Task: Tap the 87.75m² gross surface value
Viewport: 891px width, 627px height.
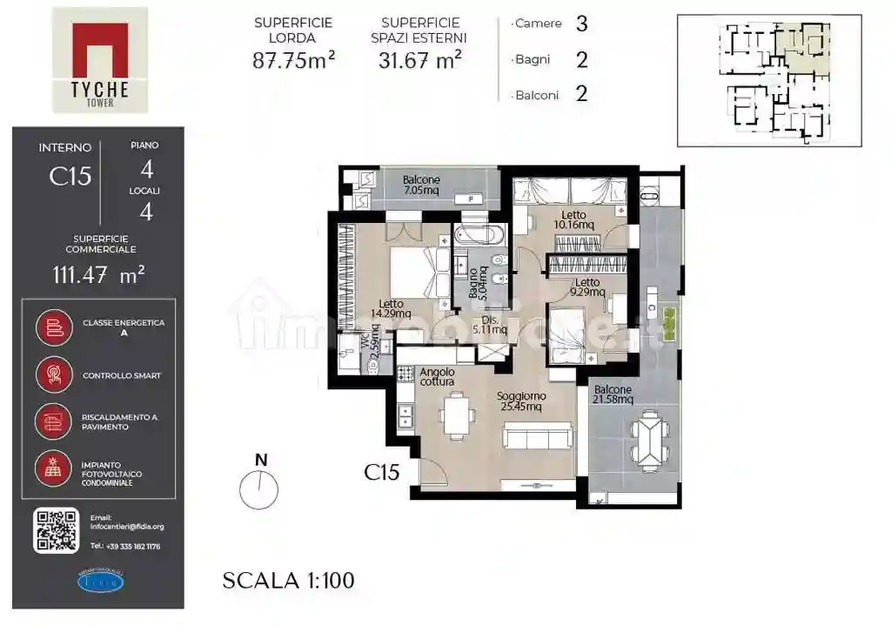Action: [x=294, y=60]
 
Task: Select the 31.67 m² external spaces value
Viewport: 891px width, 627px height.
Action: [x=420, y=60]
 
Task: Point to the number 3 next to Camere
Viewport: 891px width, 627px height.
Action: [x=581, y=24]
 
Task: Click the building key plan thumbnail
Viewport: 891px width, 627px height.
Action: [x=769, y=80]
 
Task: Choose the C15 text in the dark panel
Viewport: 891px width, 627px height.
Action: [x=70, y=176]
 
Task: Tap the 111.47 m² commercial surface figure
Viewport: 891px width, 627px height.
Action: [x=98, y=275]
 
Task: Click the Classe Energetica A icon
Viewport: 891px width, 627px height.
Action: [x=54, y=327]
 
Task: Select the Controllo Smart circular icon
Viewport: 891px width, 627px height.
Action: [x=54, y=375]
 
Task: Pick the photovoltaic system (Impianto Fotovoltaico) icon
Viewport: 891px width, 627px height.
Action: [x=54, y=469]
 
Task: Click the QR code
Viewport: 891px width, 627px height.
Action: [x=57, y=529]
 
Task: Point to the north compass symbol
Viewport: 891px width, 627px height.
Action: [x=259, y=489]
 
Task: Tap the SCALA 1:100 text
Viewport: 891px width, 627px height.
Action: [x=288, y=580]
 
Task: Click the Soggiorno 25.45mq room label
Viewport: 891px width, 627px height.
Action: [x=520, y=401]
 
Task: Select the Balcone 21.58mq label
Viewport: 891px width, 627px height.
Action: [x=614, y=394]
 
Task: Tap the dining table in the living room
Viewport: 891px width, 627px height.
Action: [x=457, y=415]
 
